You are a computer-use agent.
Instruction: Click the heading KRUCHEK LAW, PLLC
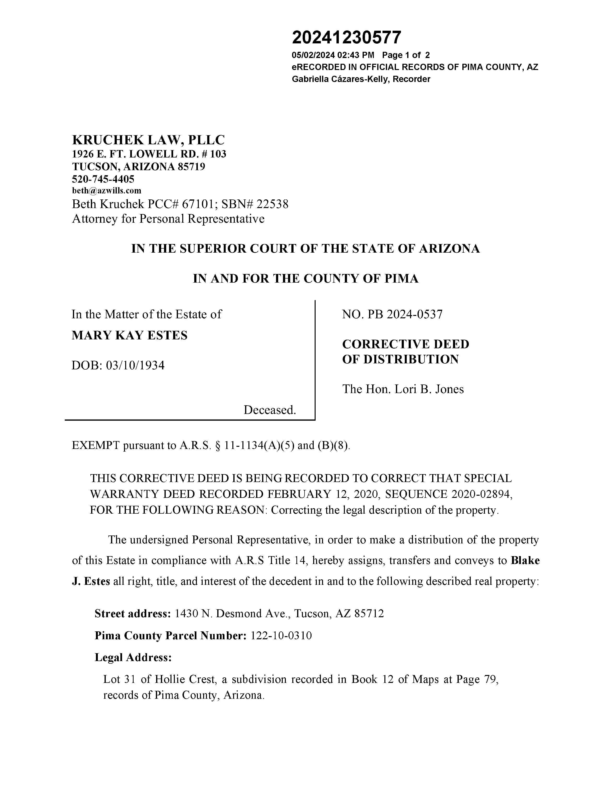(148, 140)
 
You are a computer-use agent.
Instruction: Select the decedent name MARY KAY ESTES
(129, 335)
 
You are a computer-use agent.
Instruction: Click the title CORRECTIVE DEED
(406, 344)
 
